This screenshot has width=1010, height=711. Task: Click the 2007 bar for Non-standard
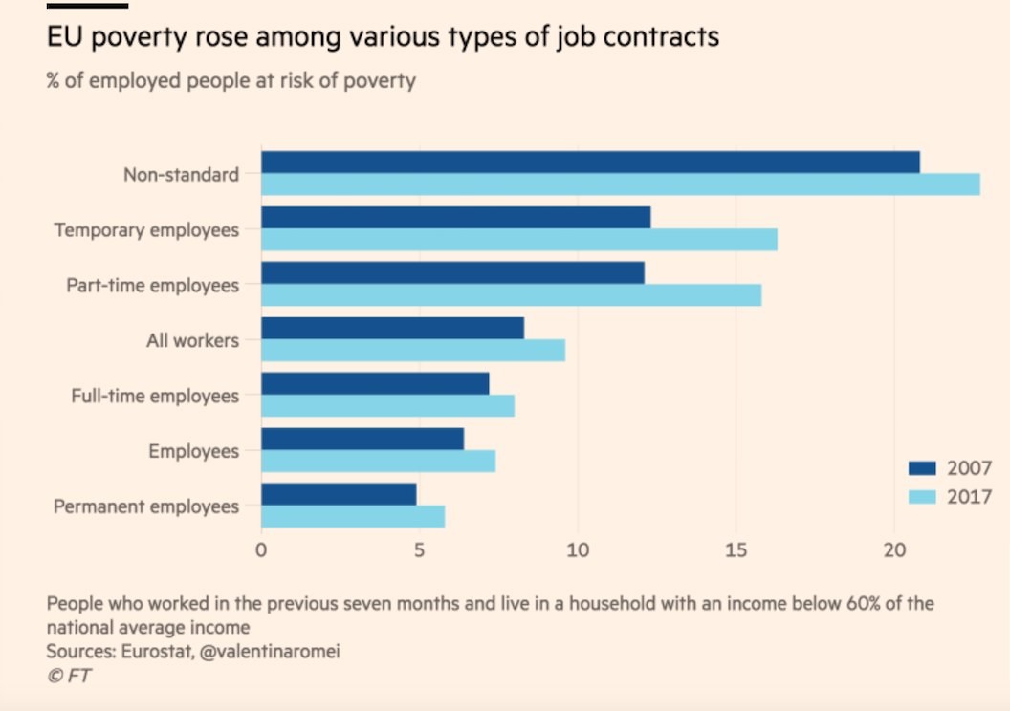[x=590, y=162]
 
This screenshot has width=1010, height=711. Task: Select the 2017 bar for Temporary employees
[x=518, y=240]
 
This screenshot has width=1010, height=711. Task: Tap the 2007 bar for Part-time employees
[x=452, y=273]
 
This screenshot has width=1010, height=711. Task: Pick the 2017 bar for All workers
[x=413, y=351]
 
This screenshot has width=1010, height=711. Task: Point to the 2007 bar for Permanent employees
[x=339, y=494]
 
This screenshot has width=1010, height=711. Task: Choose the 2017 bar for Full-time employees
[x=387, y=406]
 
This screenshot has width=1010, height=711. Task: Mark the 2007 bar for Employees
[x=362, y=439]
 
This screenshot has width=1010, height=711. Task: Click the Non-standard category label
[x=181, y=175]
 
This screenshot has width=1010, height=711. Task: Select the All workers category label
[x=192, y=340]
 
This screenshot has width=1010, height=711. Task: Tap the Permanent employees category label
[x=146, y=506]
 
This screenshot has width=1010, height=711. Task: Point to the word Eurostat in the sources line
[x=154, y=652]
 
